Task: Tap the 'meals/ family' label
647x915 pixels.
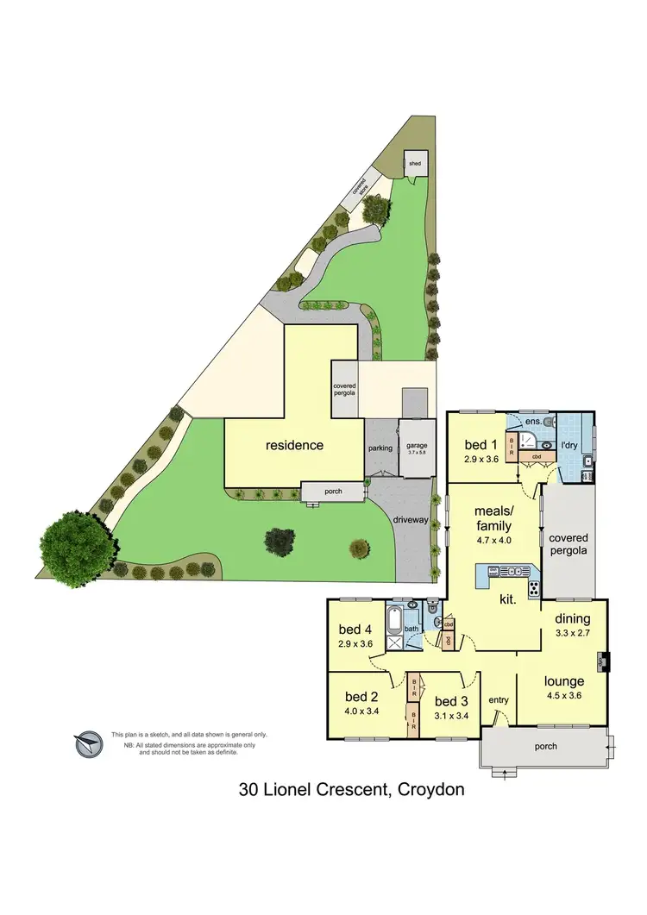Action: click(493, 519)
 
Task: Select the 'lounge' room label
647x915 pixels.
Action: click(564, 681)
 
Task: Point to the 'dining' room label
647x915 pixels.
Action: click(573, 618)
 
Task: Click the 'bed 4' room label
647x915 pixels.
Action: click(355, 629)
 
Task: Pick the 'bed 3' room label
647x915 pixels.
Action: click(451, 700)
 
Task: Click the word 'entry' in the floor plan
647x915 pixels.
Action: click(499, 699)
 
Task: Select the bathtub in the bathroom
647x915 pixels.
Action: click(396, 619)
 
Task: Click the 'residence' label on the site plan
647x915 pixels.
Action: click(294, 445)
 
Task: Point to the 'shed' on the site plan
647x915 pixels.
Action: click(415, 163)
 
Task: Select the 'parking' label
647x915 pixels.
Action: click(380, 448)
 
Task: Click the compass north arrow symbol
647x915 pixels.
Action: click(87, 743)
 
